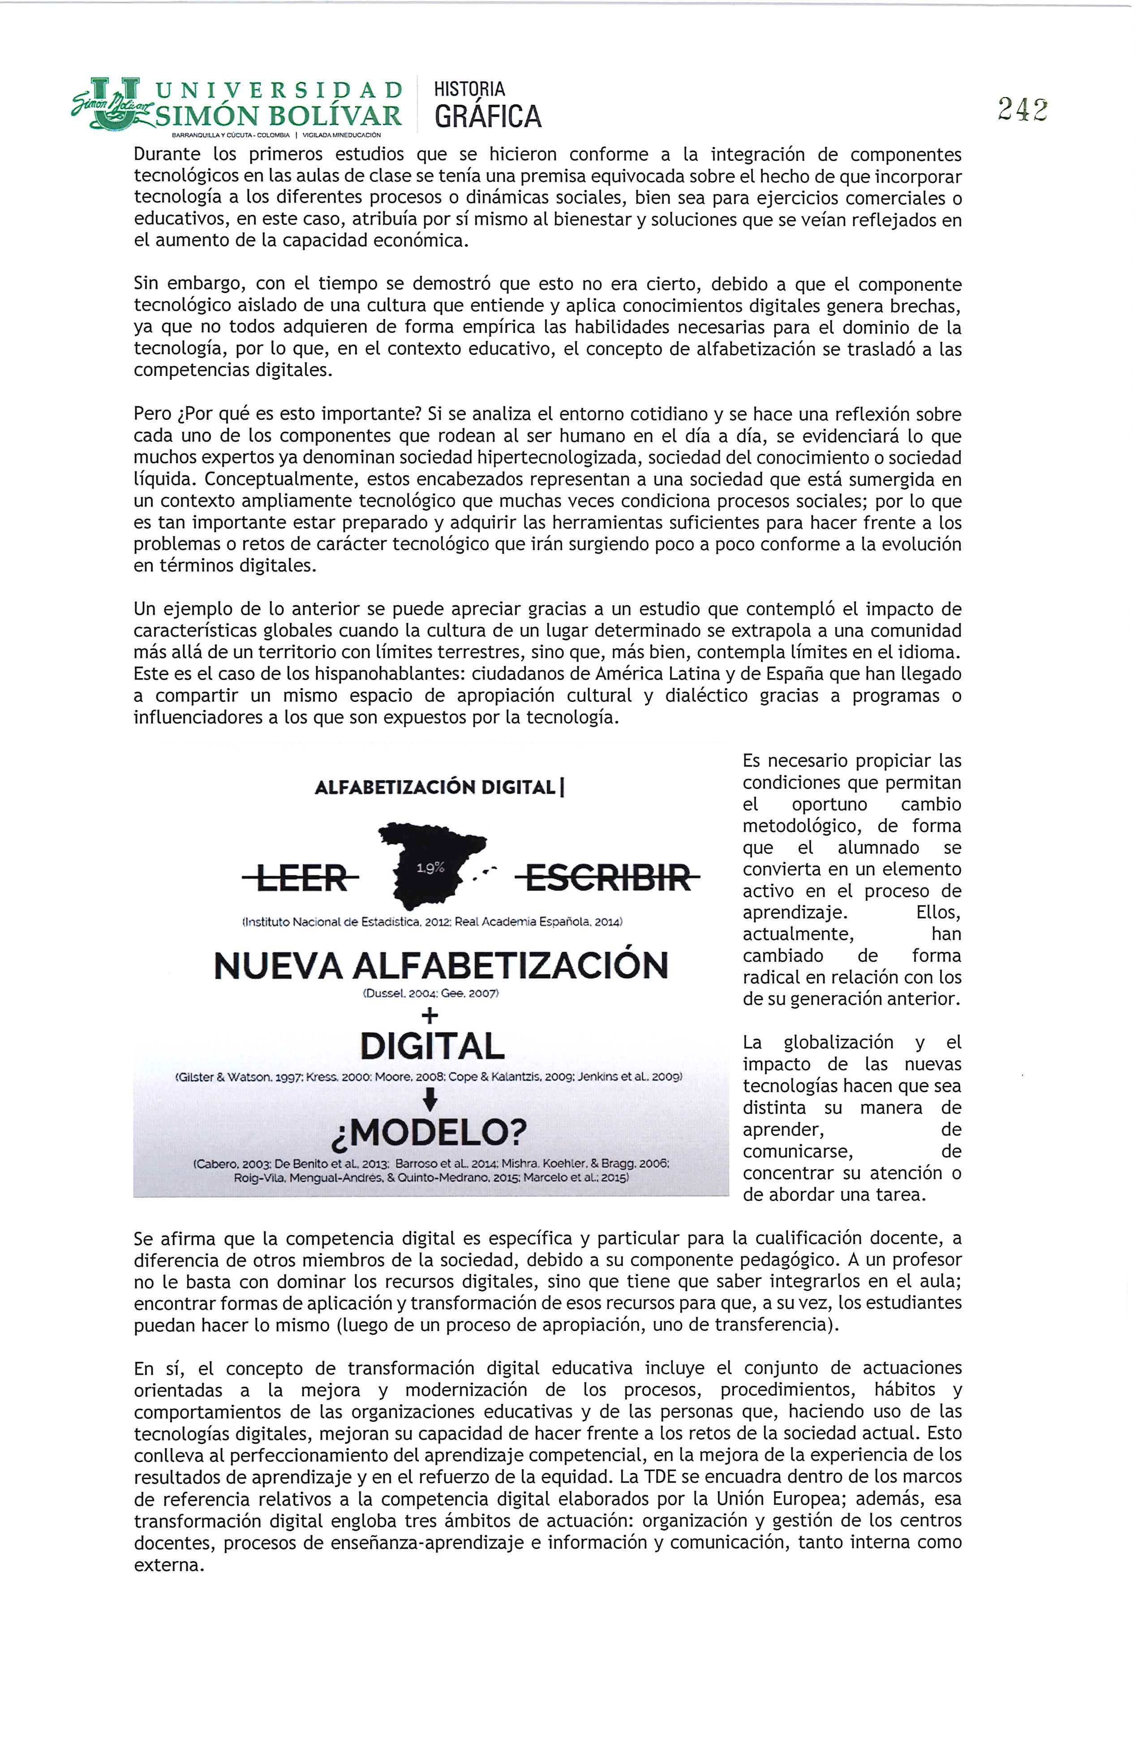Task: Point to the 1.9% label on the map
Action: tap(430, 868)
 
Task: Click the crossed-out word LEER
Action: tap(302, 877)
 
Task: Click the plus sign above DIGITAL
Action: tap(431, 1016)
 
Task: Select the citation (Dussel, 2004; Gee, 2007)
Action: tap(431, 994)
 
